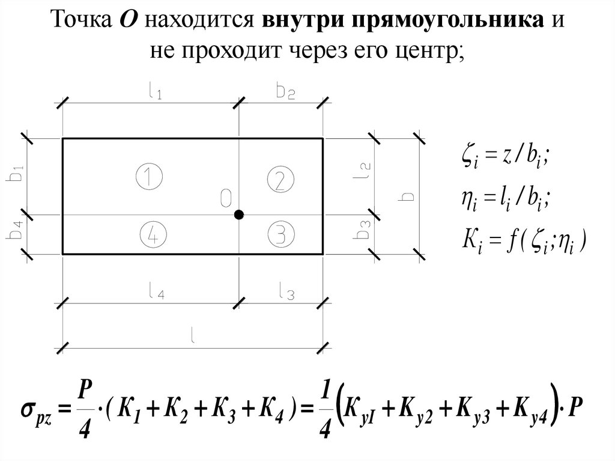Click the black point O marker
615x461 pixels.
click(x=238, y=215)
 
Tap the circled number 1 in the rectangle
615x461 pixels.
click(x=149, y=178)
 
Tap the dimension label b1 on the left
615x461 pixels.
click(x=17, y=173)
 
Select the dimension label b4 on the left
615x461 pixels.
click(x=17, y=234)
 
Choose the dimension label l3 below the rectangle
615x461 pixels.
click(x=286, y=294)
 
